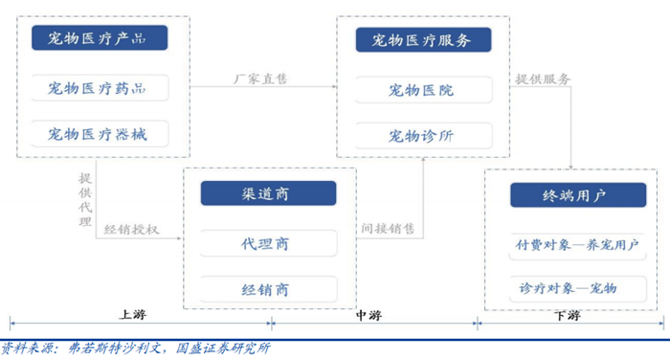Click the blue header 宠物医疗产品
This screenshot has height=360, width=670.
(99, 38)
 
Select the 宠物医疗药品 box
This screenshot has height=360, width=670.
(99, 88)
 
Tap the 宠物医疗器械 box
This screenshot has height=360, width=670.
(99, 133)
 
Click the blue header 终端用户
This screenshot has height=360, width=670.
(571, 195)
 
